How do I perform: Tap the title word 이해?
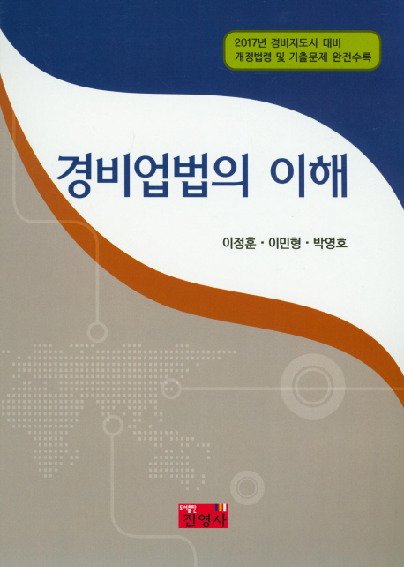(x=310, y=175)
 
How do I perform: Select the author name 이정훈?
(x=239, y=243)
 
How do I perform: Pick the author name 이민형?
(x=285, y=243)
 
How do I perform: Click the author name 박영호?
(x=331, y=243)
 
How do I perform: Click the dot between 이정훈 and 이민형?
(x=262, y=244)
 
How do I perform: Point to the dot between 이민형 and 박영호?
(x=308, y=244)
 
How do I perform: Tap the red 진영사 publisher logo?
(x=203, y=515)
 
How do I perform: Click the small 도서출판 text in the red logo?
(x=188, y=508)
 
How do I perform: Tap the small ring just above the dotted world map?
(x=97, y=331)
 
